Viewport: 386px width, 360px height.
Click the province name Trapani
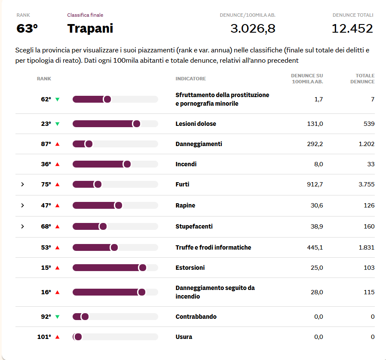pos(90,28)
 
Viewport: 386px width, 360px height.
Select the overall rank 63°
pos(27,28)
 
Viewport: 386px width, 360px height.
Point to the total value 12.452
pos(352,28)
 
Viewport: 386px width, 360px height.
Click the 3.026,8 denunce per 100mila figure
pos(253,28)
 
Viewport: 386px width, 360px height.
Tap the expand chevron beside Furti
pos(22,184)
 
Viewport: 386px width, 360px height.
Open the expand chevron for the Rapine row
pos(22,205)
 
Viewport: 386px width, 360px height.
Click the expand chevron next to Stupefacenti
pos(22,226)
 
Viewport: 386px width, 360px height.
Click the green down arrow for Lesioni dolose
pos(57,124)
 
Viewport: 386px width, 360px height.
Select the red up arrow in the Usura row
pos(57,337)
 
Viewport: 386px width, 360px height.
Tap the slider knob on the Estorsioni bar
pos(142,268)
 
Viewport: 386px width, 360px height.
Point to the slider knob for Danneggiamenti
pos(89,144)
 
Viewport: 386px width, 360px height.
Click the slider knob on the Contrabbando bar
pos(85,317)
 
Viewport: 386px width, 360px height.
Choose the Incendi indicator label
pos(186,164)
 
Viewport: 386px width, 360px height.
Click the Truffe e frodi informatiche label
pos(213,247)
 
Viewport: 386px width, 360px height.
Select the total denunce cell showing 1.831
pos(366,247)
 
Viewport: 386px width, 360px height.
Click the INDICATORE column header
pos(190,79)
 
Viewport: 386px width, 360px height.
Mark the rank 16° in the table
pos(46,292)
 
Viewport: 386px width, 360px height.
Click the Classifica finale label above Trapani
pos(85,15)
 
